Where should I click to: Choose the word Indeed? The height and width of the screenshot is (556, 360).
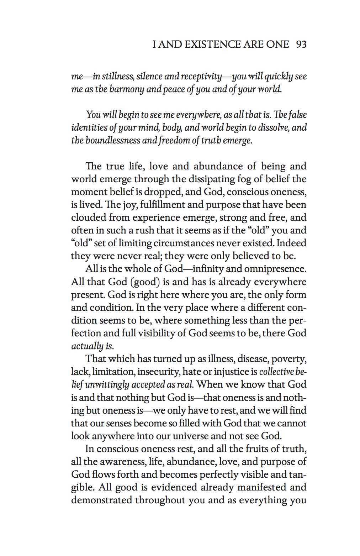pos(292,243)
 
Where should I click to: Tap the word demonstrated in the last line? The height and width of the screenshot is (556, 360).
pos(101,500)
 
